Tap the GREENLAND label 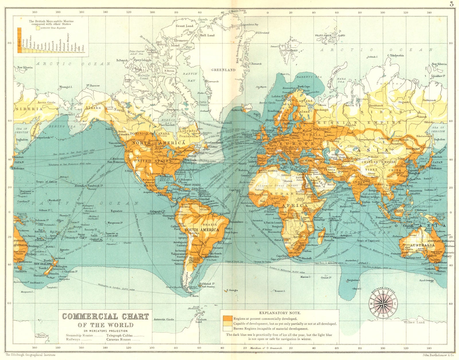pos(223,70)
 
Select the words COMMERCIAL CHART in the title pos(106,317)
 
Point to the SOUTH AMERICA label pos(202,230)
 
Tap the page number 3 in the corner pos(452,4)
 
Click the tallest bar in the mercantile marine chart pos(20,40)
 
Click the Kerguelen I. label pos(353,280)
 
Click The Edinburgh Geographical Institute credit pos(27,355)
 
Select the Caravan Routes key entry pos(118,340)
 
